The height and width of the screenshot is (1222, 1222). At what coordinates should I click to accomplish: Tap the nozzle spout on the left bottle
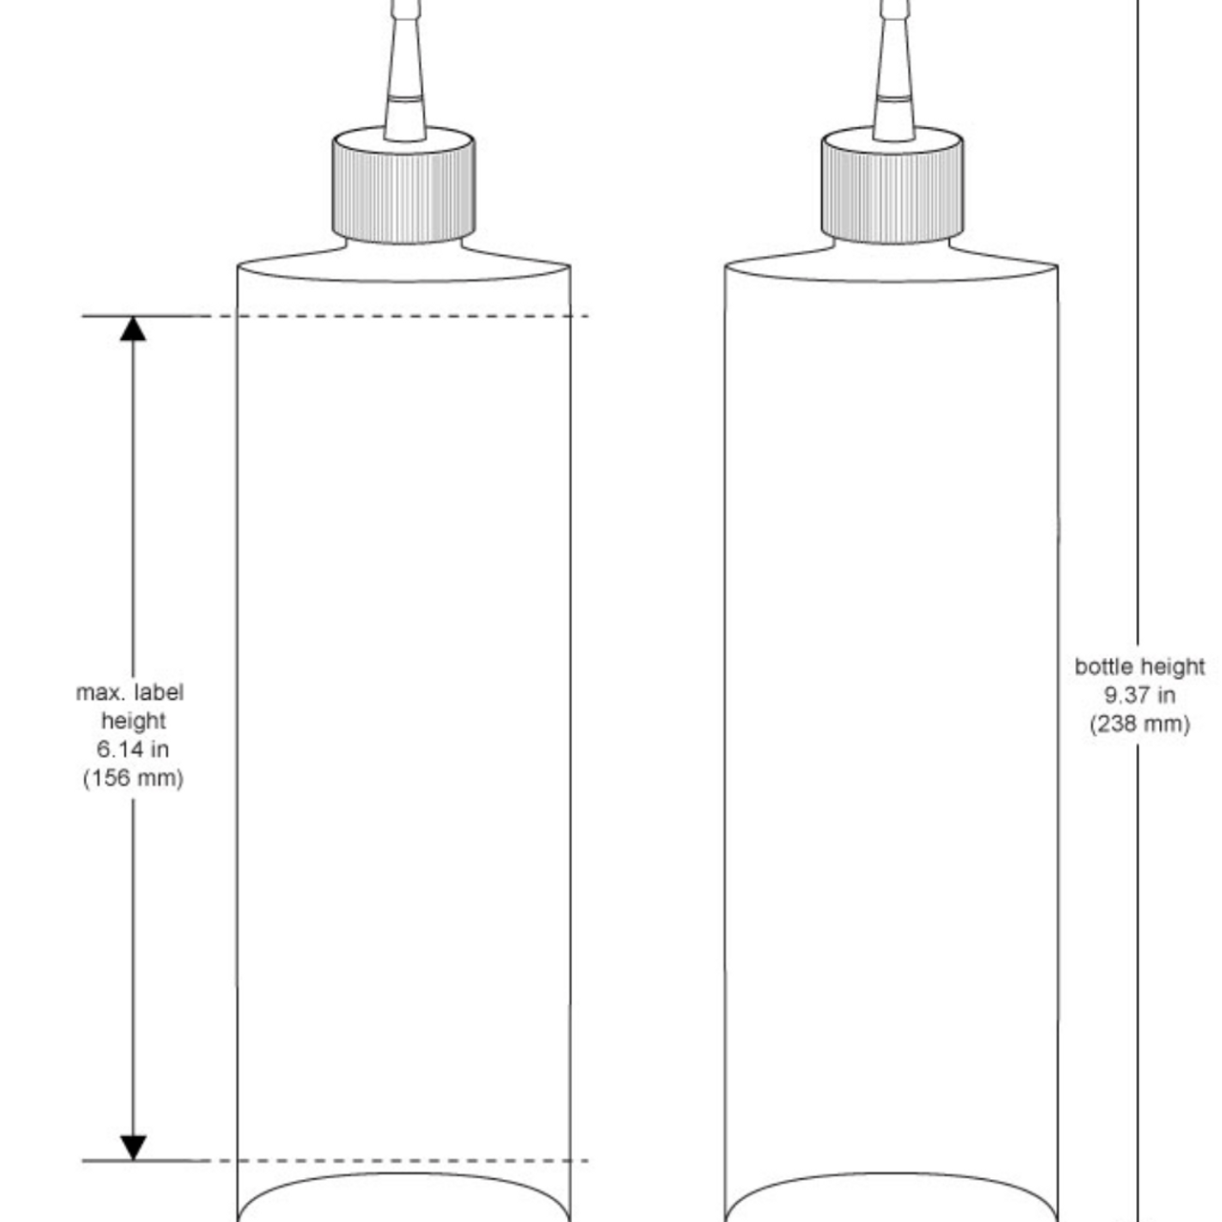[404, 76]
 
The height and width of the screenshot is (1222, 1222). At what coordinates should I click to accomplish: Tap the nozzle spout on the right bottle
[894, 76]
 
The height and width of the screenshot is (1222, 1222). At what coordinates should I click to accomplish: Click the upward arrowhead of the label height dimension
[133, 328]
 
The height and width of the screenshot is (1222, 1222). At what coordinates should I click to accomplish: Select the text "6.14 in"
[133, 749]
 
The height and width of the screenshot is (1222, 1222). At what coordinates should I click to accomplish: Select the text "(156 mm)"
[133, 778]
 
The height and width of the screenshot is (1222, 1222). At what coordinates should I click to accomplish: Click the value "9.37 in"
[1140, 695]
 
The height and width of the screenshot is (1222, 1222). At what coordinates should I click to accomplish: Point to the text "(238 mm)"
[1140, 724]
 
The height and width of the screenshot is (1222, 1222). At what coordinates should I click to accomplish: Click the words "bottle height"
[1140, 666]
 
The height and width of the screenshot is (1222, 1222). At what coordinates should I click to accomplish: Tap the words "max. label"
[130, 692]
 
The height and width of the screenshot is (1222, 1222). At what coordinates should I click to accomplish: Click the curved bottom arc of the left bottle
[403, 1175]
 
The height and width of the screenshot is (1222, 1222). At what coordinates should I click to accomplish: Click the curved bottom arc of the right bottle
[892, 1175]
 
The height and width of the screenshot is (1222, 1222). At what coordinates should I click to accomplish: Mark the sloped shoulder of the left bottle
[286, 258]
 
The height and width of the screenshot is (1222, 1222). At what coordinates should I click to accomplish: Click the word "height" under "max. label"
[133, 721]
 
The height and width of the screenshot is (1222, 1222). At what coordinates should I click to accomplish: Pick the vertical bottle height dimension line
[1137, 382]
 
